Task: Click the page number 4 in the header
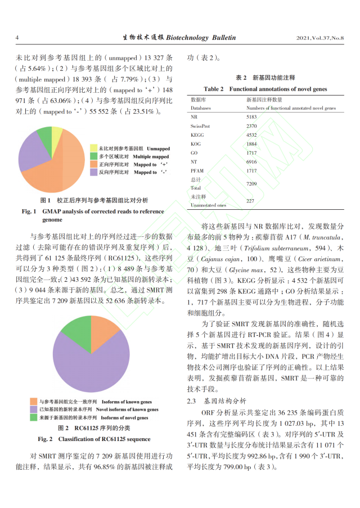click(17, 38)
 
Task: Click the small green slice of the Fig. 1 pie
click(44, 135)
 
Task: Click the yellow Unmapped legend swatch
click(94, 149)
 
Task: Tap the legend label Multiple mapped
click(151, 156)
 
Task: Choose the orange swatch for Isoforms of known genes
click(34, 402)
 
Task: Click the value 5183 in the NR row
click(251, 116)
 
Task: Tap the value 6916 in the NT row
click(251, 161)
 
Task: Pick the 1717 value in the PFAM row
click(251, 170)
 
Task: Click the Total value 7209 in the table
click(251, 183)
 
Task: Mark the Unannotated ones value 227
click(250, 201)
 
